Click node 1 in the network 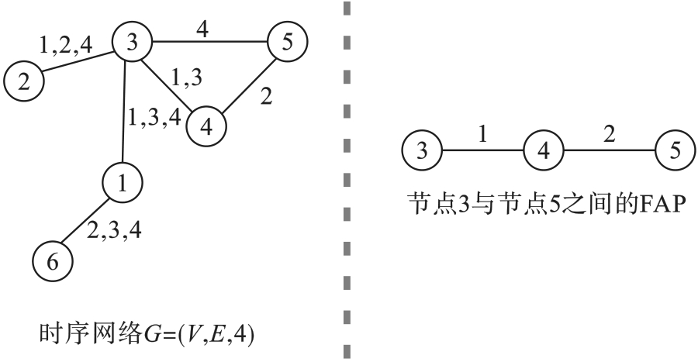123,183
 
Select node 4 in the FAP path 543,150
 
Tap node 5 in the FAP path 675,150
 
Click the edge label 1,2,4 66,43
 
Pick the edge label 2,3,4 113,229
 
